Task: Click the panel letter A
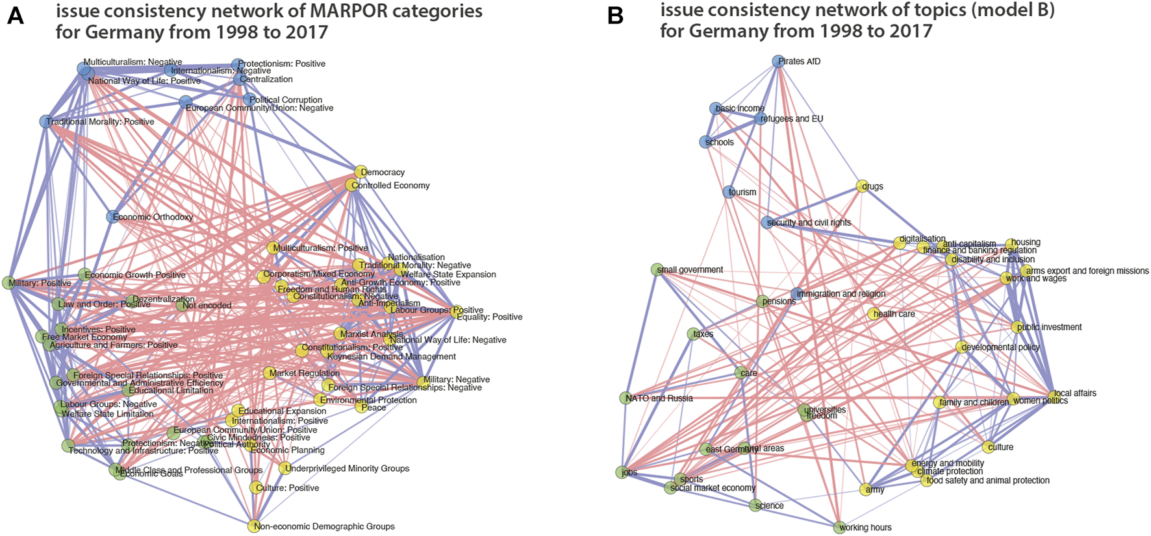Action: coord(15,16)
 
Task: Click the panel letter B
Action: coord(614,16)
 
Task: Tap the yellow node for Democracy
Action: coord(360,172)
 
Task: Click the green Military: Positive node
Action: coord(9,283)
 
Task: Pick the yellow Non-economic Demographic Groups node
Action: coord(254,526)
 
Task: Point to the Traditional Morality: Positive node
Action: coord(45,121)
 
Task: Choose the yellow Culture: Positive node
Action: coord(257,487)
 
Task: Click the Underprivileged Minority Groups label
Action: coord(348,469)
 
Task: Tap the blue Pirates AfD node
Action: coord(778,61)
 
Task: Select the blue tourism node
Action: coord(729,192)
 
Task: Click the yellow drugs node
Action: coord(862,186)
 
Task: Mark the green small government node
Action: coord(657,269)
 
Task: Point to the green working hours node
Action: coord(839,527)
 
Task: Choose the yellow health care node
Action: coord(874,314)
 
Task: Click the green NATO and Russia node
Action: coord(625,398)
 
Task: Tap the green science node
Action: coord(755,506)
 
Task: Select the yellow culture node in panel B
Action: coord(988,446)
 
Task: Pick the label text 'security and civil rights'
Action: coord(809,223)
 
